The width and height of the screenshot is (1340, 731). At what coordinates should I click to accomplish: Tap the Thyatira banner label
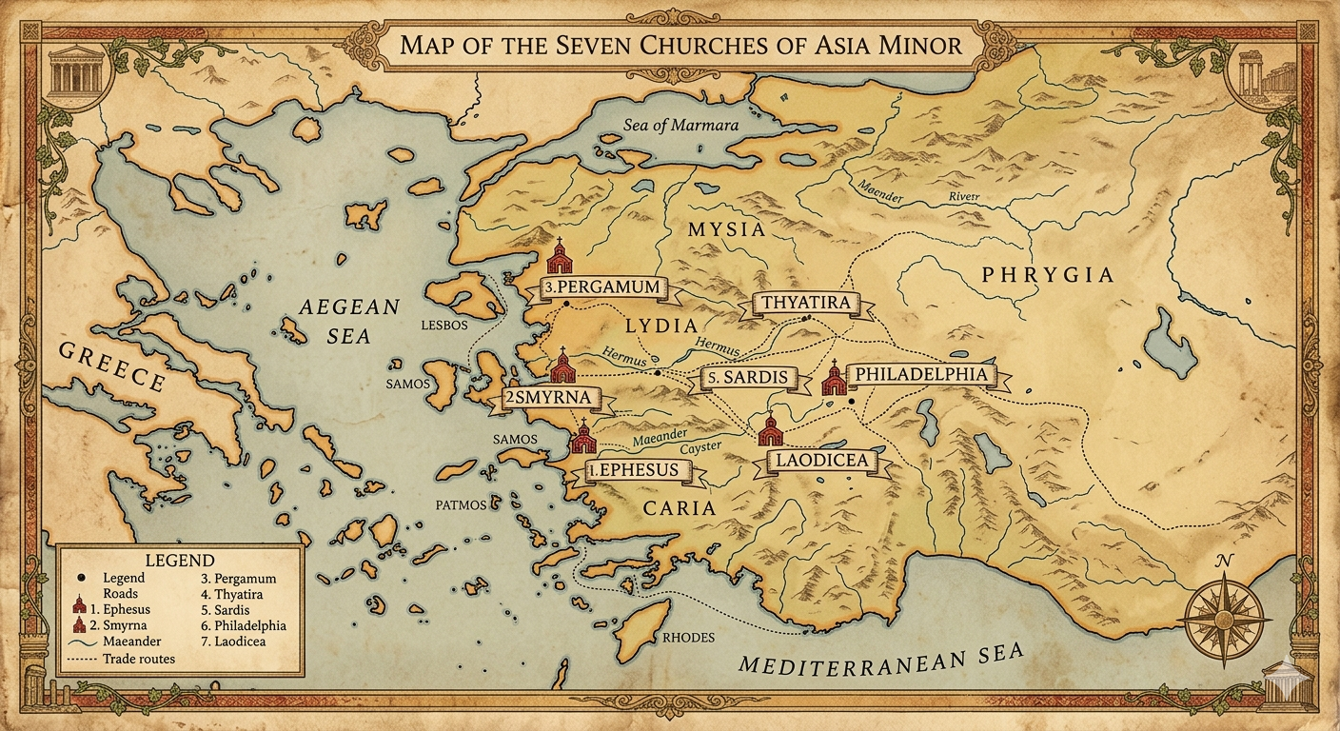806,305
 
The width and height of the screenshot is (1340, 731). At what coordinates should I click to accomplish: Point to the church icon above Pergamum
560,257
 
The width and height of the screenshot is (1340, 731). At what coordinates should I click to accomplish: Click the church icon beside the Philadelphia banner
834,379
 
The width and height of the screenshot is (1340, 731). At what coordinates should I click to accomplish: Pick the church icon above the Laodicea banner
770,431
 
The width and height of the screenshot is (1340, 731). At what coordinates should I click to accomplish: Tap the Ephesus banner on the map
633,470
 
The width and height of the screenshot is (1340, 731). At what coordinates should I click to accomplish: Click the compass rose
1225,609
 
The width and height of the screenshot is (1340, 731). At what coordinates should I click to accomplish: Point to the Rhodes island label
687,638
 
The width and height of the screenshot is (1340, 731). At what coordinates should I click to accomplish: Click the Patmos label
462,504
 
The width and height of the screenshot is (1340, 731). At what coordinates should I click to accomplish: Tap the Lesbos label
444,325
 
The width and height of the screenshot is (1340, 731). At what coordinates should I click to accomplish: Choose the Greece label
112,367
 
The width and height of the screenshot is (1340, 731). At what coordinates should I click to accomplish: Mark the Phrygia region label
1047,275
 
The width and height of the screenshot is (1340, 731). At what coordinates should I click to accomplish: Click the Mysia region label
725,229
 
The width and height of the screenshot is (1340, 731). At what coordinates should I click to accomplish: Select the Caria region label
679,508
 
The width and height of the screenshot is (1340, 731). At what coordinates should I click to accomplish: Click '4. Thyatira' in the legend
232,594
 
